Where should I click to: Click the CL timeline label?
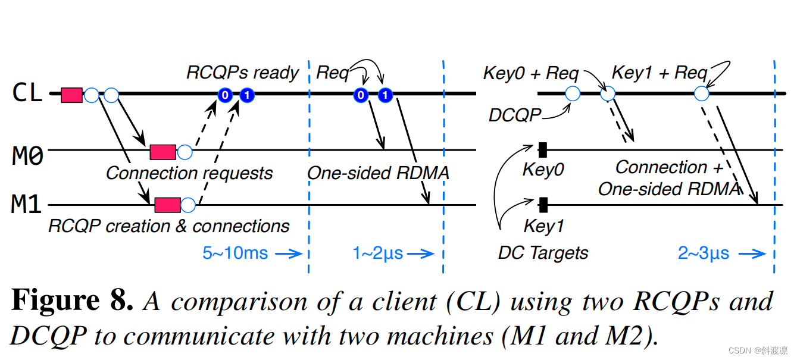(x=28, y=93)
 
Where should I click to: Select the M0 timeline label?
(x=28, y=155)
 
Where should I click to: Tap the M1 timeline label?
(x=27, y=205)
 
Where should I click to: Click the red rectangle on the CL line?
(x=71, y=95)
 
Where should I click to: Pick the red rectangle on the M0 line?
(x=162, y=152)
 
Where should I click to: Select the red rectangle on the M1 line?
(x=167, y=205)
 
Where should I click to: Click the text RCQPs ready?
(x=242, y=73)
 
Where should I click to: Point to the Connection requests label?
(x=189, y=173)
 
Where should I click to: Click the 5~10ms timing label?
(x=235, y=253)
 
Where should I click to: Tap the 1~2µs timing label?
(x=378, y=253)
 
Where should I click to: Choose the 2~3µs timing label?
(x=704, y=253)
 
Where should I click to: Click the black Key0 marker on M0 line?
(x=543, y=150)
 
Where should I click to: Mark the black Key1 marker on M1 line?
(x=543, y=205)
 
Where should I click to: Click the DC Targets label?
(x=543, y=253)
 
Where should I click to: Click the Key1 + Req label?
(x=660, y=73)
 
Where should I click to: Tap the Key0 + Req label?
(x=530, y=73)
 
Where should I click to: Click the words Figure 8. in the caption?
(x=72, y=301)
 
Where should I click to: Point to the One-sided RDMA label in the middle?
(x=378, y=173)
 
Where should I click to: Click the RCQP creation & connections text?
(x=169, y=226)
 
